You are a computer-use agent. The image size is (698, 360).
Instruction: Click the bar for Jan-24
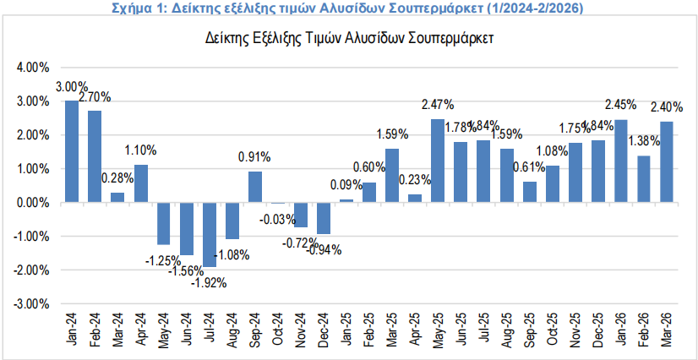tap(72, 152)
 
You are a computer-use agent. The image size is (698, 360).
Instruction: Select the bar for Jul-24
tap(210, 234)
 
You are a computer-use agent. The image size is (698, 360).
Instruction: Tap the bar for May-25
tap(438, 161)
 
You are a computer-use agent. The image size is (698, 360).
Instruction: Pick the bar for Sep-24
tap(255, 187)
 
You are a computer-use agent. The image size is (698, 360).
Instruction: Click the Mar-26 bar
tap(666, 161)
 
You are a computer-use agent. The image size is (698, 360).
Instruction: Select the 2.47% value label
tap(438, 106)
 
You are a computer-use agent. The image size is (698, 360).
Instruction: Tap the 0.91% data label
tap(255, 156)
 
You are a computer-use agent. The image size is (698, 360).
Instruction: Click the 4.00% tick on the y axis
tap(34, 67)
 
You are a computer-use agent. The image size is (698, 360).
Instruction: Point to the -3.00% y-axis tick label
tap(32, 303)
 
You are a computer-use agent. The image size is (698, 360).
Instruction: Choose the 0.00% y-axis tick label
tap(34, 202)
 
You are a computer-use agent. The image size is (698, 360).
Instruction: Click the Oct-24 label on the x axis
tap(279, 330)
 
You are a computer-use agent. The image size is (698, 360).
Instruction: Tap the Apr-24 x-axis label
tap(142, 330)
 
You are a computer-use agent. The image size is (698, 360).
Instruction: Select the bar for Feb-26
tap(643, 179)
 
